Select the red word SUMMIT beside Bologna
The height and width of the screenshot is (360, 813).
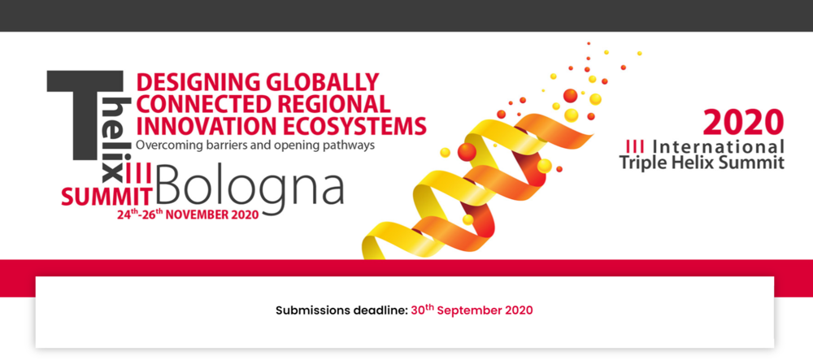[107, 196]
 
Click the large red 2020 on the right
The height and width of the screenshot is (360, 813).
[744, 122]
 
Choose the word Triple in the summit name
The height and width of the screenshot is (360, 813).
[641, 163]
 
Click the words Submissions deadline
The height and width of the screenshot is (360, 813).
[342, 310]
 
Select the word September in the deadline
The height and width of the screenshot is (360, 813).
[472, 310]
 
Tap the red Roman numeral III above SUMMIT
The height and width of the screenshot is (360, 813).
[139, 174]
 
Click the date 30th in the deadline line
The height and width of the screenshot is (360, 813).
[423, 310]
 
